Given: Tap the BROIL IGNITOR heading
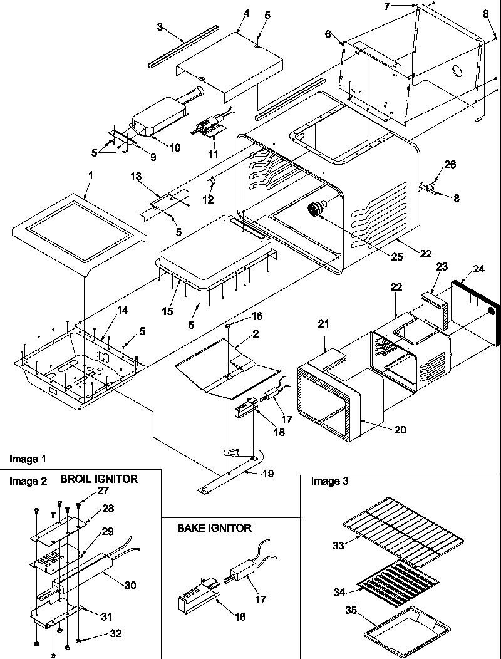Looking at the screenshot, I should coord(99,479).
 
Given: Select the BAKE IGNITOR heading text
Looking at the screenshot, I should coord(214,528).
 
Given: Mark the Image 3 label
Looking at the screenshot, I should coord(329,481).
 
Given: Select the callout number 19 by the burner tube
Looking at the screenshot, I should coord(267,474).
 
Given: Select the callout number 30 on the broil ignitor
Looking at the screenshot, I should coord(129,585).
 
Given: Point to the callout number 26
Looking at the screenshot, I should coord(450,165).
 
